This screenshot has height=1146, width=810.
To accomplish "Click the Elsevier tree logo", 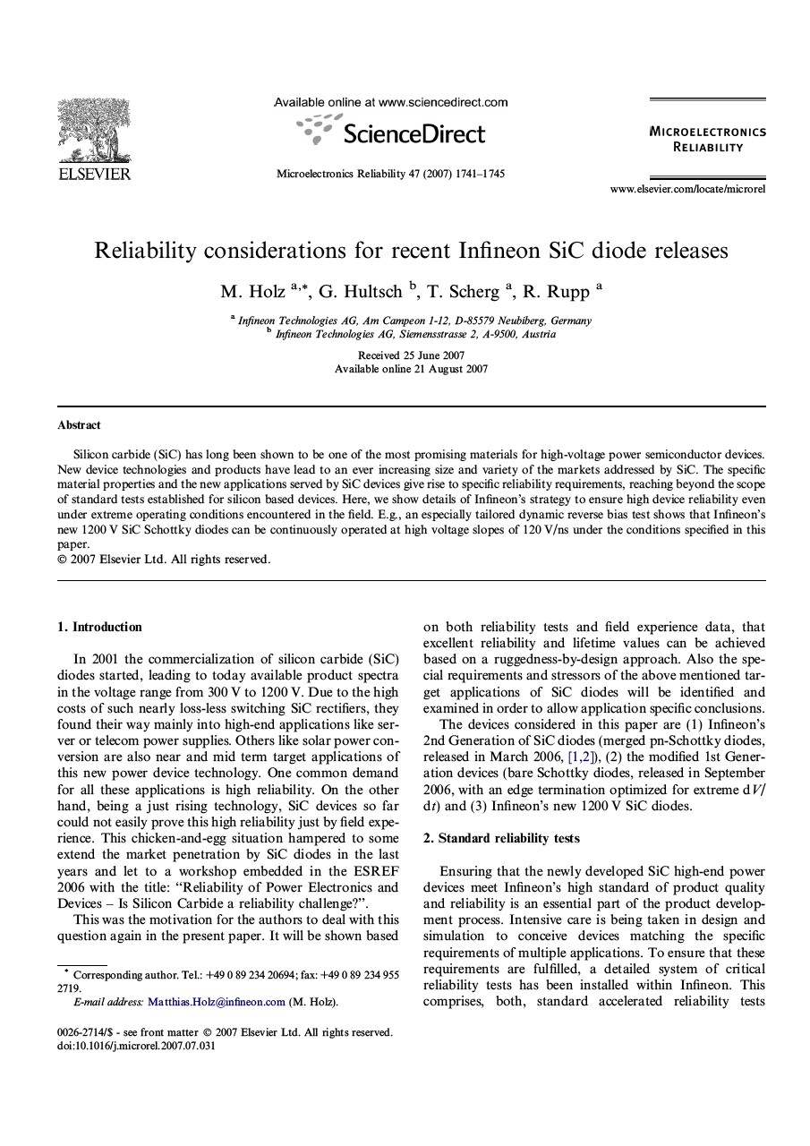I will coord(93,131).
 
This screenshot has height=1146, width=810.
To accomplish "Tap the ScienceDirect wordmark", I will coord(414,134).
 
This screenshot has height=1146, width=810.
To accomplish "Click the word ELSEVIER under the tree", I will coord(94,174).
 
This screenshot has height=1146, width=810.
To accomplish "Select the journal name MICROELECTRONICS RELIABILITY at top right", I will coord(707,139).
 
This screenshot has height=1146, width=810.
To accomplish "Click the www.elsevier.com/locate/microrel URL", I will coord(687,189).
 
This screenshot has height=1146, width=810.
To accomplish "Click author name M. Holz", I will coord(252,292).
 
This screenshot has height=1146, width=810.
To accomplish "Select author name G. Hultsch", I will coord(360,292).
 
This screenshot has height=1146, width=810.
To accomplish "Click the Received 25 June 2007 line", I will coord(411,355).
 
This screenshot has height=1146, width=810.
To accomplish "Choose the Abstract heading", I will coord(79,425).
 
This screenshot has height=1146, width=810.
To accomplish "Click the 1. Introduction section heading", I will coord(99,627).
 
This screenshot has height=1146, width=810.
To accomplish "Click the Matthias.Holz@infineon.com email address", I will coord(217,1002).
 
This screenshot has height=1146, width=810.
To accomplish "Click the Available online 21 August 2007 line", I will coord(411,369).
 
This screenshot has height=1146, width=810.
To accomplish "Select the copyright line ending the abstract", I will coord(164,560).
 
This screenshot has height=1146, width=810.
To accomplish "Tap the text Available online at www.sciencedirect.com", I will coord(390,102).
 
